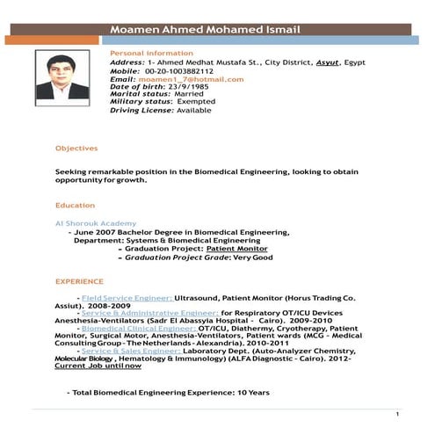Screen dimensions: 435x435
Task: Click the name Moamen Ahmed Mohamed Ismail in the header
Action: (206, 31)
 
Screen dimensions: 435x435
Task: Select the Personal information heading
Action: (145, 53)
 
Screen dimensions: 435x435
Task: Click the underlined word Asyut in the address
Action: (306, 63)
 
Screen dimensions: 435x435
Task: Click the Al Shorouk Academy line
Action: (95, 223)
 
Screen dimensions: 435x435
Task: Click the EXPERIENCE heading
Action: (78, 281)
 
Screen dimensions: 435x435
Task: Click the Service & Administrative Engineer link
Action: (149, 312)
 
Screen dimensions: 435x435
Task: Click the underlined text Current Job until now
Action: (98, 366)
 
